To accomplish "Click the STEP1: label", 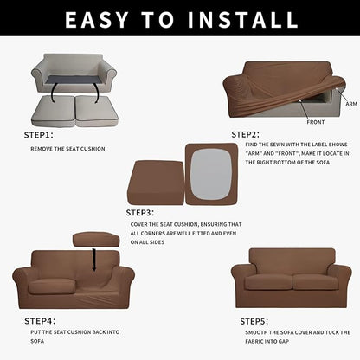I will click(38, 135).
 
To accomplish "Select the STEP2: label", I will click(245, 134).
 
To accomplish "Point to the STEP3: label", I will click(139, 212).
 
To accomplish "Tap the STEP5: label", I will click(254, 321).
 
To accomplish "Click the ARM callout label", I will click(350, 104).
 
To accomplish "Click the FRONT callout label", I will click(316, 122).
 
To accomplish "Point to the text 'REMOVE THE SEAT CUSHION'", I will click(67, 149).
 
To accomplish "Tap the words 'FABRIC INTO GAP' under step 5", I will click(279, 342).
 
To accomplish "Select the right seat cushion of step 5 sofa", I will click(314, 281).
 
